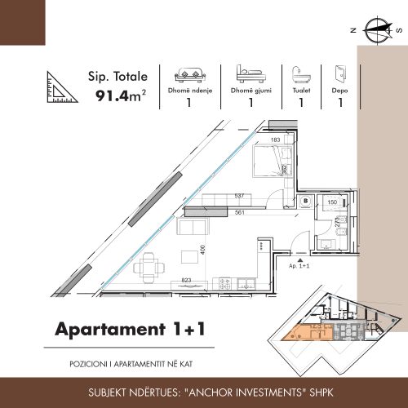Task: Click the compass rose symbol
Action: (379, 31)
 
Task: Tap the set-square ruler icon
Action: (61, 87)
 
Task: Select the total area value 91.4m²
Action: (121, 95)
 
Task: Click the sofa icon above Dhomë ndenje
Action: (190, 74)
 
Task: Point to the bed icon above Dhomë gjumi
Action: (251, 73)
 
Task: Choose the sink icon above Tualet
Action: (301, 74)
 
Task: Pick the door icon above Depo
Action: (340, 73)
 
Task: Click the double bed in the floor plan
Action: (273, 162)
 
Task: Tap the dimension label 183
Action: (275, 140)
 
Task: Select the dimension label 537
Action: (239, 196)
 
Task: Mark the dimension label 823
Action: (186, 280)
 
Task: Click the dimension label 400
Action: (202, 250)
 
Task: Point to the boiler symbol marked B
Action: (306, 202)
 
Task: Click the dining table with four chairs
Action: (149, 268)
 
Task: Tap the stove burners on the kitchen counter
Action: (225, 284)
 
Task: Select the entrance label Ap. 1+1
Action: (299, 266)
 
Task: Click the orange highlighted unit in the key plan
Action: (307, 332)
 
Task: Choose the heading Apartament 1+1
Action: (130, 329)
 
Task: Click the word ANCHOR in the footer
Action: (211, 392)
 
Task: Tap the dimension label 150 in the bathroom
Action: (332, 202)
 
